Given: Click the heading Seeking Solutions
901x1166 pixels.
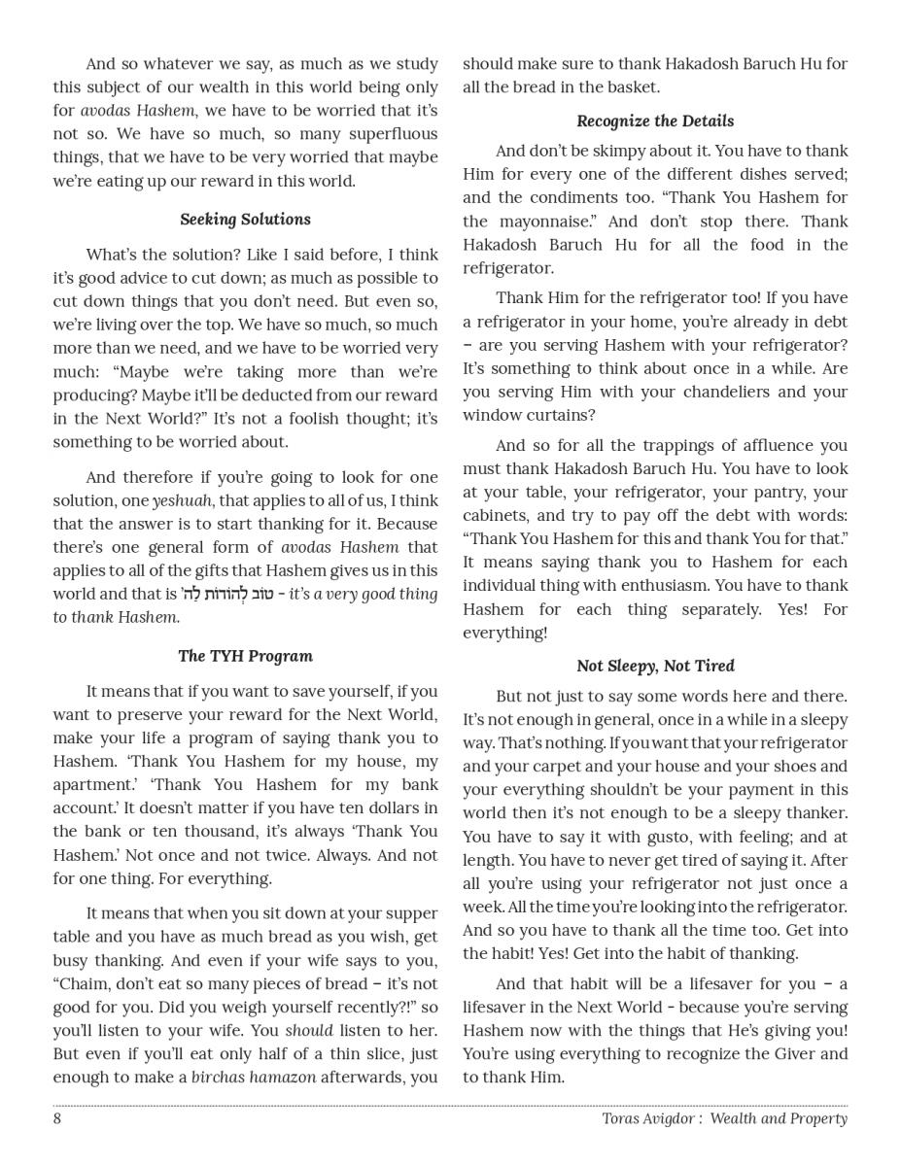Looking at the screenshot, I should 245,219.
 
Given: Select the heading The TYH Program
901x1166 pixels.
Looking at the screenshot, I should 245,656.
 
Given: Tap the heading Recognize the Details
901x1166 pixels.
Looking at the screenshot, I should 655,120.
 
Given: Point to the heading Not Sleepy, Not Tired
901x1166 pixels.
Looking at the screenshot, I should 655,666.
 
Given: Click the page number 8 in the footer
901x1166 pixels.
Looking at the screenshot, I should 57,1118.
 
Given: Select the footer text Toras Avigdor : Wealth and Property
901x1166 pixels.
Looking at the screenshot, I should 724,1118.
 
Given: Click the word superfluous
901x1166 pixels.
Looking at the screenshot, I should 391,134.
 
